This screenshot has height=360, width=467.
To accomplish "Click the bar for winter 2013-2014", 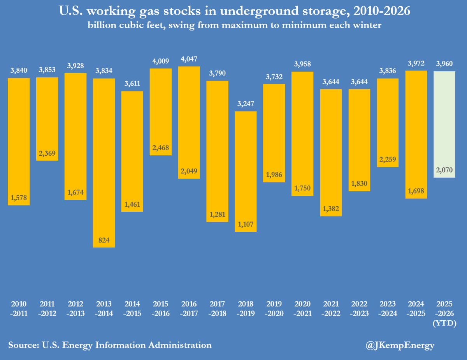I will (104, 163).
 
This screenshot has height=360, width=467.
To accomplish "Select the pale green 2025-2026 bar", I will (444, 124).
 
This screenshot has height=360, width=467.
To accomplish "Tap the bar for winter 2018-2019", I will (246, 171).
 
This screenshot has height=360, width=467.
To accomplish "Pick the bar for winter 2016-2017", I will (189, 122).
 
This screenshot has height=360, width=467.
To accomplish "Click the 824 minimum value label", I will (104, 241).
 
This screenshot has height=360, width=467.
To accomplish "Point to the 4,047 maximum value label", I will (189, 60).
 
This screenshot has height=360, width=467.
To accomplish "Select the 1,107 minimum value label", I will (246, 225).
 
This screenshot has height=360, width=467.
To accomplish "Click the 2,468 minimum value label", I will (161, 148).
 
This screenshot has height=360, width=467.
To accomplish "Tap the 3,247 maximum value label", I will (246, 105).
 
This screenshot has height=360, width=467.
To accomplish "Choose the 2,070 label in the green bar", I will (444, 170).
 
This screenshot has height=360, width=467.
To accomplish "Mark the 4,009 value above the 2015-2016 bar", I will (161, 61).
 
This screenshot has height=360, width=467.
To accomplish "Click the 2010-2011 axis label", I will (19, 309).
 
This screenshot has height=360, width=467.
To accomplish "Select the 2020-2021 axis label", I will (303, 309).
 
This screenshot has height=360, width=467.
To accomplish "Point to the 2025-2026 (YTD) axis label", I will (444, 313).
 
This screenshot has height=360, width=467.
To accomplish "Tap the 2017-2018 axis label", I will (218, 309).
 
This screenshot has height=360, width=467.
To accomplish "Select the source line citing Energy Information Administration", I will (110, 345).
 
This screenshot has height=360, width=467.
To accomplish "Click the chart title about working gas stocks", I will (233, 11).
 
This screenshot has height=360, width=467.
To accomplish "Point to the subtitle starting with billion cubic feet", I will (233, 26).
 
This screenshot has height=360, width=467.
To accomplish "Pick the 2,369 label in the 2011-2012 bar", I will (47, 153).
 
